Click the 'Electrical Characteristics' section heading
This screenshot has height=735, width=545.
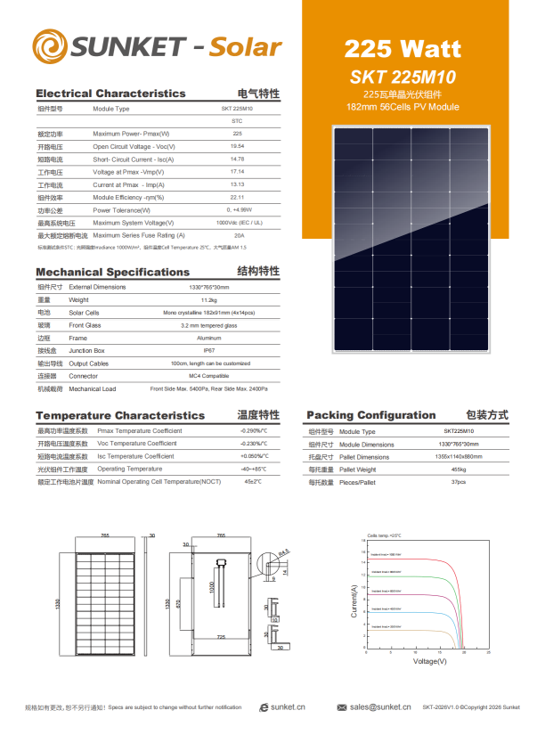pyautogui.click(x=110, y=94)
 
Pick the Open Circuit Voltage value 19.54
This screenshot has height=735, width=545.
pyautogui.click(x=237, y=146)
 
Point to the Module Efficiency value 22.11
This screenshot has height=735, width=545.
pyautogui.click(x=237, y=197)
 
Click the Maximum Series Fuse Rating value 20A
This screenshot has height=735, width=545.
pyautogui.click(x=238, y=235)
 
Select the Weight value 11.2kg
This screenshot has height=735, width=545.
pyautogui.click(x=209, y=300)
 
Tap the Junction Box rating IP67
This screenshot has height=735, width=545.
pyautogui.click(x=209, y=351)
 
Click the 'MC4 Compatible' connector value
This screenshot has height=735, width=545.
pyautogui.click(x=209, y=376)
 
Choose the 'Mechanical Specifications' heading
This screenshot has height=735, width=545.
pyautogui.click(x=112, y=272)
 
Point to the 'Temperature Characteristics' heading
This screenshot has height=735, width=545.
pyautogui.click(x=120, y=415)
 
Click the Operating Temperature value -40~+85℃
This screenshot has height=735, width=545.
pyautogui.click(x=253, y=469)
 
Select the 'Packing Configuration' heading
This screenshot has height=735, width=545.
pyautogui.click(x=371, y=415)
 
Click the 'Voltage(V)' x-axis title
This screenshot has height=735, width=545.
pyautogui.click(x=429, y=661)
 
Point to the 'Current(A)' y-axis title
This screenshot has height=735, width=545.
pyautogui.click(x=354, y=602)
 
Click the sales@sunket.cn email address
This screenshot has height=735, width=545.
pyautogui.click(x=380, y=707)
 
